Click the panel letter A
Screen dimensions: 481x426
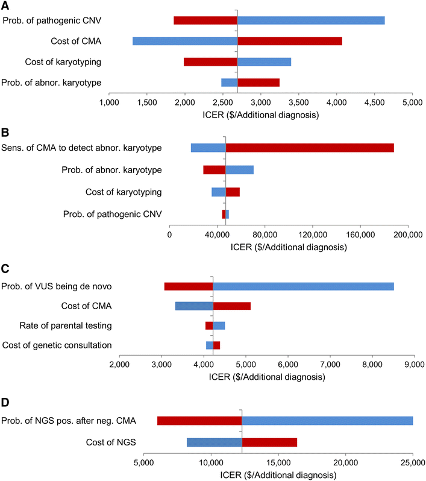(5, 5)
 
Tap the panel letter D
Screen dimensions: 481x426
(5, 400)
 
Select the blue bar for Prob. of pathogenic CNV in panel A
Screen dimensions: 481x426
(311, 20)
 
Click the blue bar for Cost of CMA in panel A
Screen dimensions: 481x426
(184, 41)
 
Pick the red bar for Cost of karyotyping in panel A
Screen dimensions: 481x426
(210, 61)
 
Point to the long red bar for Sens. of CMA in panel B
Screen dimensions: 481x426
(310, 148)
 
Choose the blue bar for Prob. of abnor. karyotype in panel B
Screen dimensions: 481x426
(239, 169)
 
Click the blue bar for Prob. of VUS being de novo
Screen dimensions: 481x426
(303, 286)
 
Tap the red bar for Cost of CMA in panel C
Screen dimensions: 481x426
(231, 306)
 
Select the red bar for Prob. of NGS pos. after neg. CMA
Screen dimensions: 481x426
(199, 420)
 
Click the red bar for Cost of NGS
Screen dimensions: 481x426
(269, 442)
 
